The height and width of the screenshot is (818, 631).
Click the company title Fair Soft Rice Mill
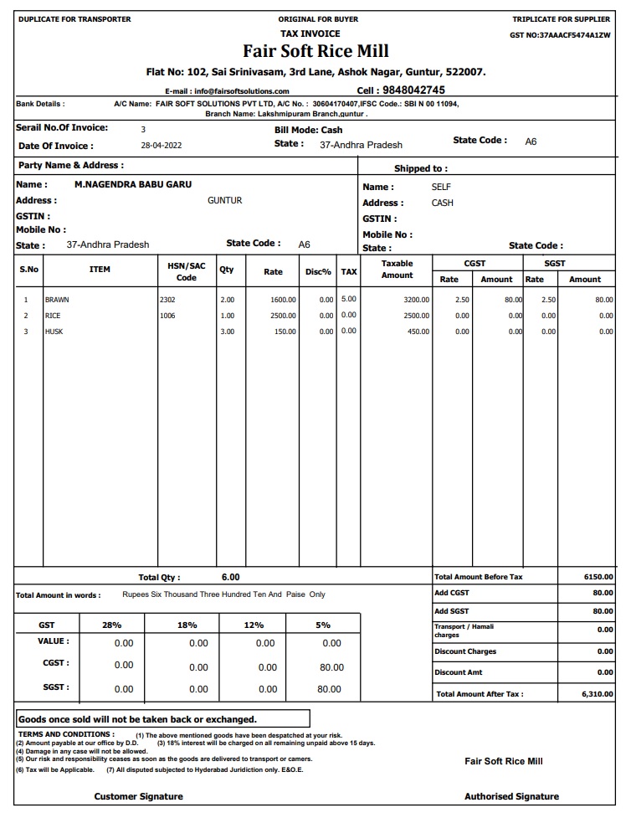(315, 51)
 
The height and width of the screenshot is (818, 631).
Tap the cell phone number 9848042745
(413, 90)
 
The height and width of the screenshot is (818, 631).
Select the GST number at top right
(560, 35)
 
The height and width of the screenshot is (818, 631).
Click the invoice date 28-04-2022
(161, 146)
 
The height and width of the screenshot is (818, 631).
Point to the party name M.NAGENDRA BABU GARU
(133, 184)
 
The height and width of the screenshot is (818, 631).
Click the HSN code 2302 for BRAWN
(167, 300)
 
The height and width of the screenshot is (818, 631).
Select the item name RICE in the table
(53, 316)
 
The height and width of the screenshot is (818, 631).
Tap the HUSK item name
(54, 332)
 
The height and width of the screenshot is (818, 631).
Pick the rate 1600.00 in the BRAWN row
(283, 300)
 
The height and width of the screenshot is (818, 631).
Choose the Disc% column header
(318, 272)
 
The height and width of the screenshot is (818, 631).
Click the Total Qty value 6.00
(230, 577)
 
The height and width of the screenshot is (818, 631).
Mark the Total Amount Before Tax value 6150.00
(598, 577)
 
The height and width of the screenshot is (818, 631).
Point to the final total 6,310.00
(597, 694)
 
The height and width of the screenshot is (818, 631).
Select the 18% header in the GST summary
(187, 625)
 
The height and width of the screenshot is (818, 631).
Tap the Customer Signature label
(138, 796)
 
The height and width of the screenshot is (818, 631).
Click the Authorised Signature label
(511, 796)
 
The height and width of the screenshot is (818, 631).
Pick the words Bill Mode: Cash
(308, 131)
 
